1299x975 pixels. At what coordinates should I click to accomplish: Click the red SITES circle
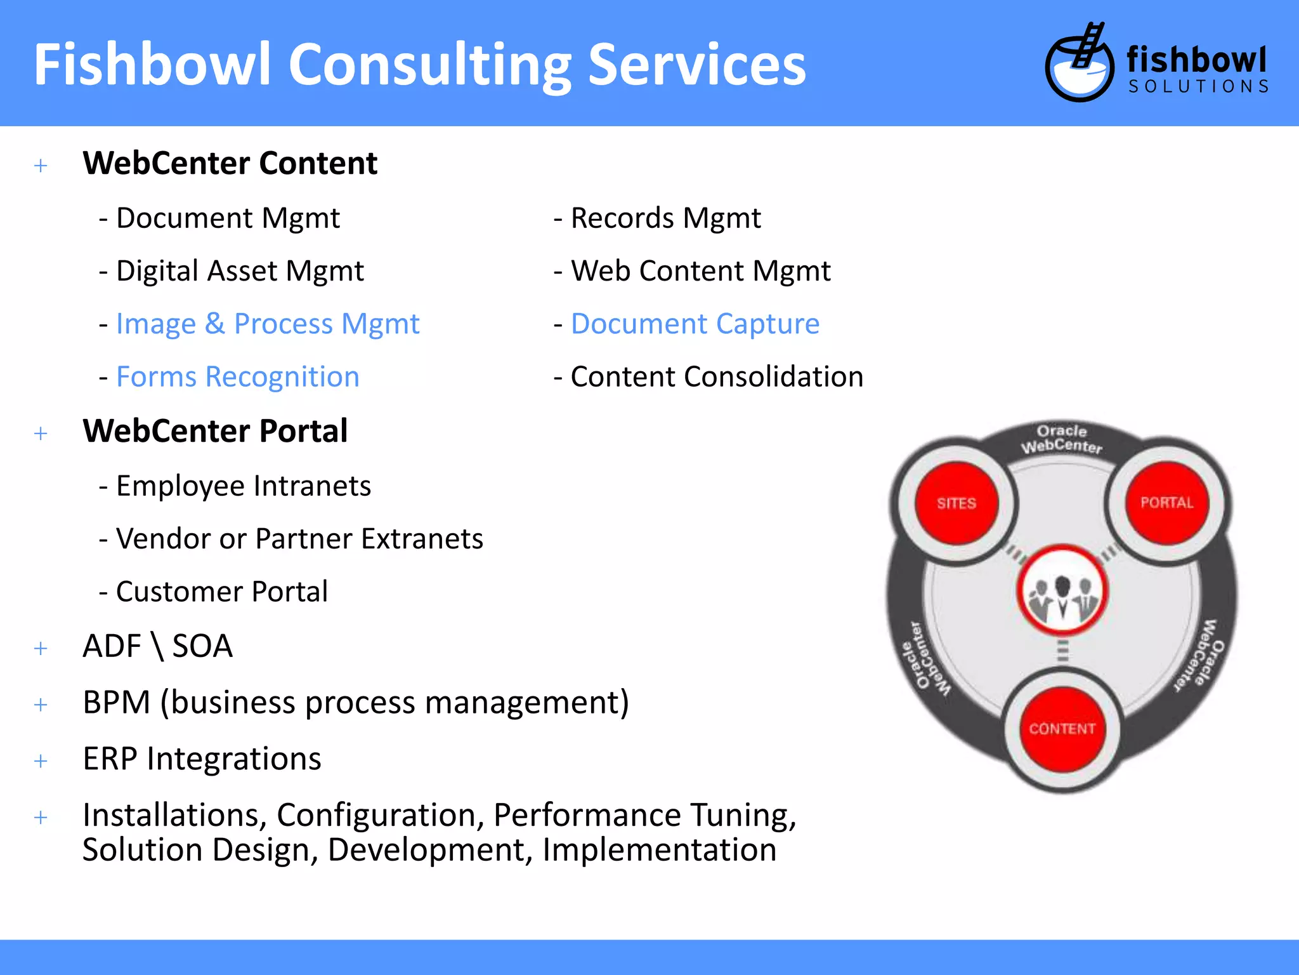click(956, 503)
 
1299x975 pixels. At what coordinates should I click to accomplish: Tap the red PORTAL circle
click(1166, 503)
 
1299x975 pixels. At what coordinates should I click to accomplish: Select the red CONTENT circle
click(1062, 728)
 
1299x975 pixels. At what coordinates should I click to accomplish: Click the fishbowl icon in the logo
click(1079, 63)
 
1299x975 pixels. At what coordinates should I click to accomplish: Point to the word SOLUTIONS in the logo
click(1198, 86)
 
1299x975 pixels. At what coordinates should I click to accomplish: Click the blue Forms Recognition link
click(238, 376)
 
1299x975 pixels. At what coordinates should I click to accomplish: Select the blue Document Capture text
click(695, 324)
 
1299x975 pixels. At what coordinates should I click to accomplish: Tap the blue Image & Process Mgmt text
click(268, 324)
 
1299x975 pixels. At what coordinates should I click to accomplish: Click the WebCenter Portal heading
click(215, 431)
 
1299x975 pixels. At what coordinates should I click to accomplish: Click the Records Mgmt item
click(665, 218)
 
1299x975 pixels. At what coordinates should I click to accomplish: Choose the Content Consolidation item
click(717, 376)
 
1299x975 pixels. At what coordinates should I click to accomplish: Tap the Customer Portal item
click(221, 592)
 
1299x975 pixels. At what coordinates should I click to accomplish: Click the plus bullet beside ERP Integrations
click(41, 760)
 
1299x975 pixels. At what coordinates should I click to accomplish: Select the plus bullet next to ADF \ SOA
click(41, 648)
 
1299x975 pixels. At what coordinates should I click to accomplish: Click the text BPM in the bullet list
click(117, 703)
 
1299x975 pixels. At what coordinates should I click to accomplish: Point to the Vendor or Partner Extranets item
click(299, 539)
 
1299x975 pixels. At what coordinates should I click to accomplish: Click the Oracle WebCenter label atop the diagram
click(1062, 439)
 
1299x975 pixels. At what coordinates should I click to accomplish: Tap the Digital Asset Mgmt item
click(240, 271)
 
